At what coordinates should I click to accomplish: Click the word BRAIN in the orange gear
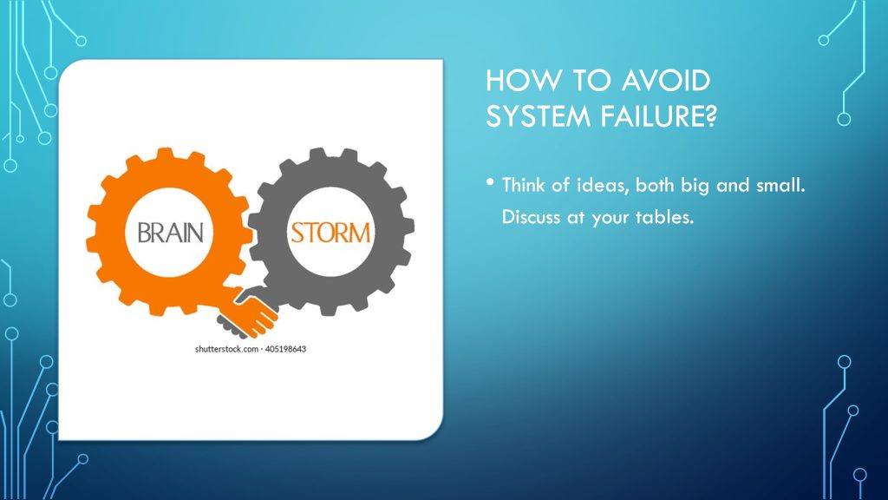171,233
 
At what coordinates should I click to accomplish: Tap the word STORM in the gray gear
330,233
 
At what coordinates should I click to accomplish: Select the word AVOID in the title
665,81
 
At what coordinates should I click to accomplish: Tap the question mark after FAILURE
711,116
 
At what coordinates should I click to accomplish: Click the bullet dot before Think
490,182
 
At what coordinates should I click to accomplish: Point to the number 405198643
285,349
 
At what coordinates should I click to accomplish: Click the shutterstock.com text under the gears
226,349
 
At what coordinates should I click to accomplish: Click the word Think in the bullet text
524,185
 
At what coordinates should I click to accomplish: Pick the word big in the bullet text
695,186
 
